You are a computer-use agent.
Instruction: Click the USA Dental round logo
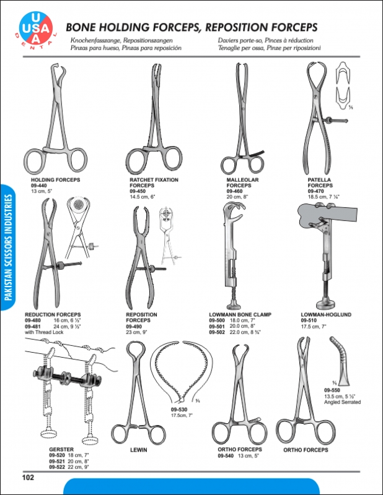tap(37, 28)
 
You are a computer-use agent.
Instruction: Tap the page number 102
tap(28, 477)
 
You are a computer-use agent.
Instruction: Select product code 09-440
tap(38, 186)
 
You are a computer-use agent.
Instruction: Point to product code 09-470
tap(315, 191)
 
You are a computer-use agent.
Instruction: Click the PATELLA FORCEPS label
tap(320, 183)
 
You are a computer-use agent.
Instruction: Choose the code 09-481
tap(33, 327)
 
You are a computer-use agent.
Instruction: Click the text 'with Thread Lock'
tap(44, 332)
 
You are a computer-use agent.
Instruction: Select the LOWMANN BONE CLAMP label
tap(240, 314)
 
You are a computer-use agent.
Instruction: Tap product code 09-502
tap(217, 332)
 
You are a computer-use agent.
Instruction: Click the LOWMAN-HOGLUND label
tap(326, 314)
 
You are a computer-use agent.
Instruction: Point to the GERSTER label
tap(61, 449)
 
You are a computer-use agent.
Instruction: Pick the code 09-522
tap(57, 467)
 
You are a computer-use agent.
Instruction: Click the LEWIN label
tap(139, 450)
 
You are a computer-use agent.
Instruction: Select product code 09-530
tap(179, 410)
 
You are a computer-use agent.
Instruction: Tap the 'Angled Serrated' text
tap(342, 402)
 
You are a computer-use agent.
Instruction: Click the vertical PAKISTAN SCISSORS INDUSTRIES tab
tap(9, 247)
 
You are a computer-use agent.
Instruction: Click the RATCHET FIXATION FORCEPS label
tap(154, 183)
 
